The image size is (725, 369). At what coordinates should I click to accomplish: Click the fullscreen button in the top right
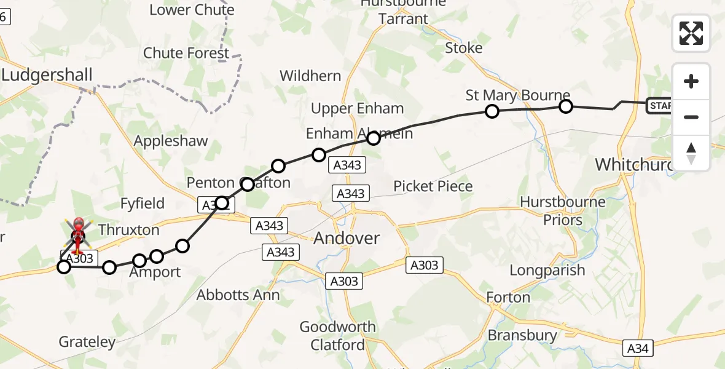(691, 33)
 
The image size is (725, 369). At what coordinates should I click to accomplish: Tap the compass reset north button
(691, 153)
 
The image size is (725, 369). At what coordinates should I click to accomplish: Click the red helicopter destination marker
(79, 233)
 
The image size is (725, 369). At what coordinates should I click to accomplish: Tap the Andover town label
(347, 239)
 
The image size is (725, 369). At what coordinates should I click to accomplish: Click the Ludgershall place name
(47, 75)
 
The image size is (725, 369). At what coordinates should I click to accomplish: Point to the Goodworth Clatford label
(337, 336)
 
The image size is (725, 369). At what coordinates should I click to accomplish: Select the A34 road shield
(637, 348)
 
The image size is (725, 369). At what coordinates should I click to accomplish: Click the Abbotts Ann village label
(238, 295)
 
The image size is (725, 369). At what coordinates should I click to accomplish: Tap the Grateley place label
(87, 342)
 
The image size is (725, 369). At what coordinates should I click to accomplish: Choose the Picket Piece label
(433, 186)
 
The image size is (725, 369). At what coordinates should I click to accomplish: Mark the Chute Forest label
(186, 54)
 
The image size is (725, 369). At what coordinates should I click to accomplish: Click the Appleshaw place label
(171, 141)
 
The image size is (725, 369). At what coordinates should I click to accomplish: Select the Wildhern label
(310, 76)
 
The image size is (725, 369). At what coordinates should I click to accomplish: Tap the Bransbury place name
(522, 335)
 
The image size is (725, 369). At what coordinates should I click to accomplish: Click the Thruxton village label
(128, 230)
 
